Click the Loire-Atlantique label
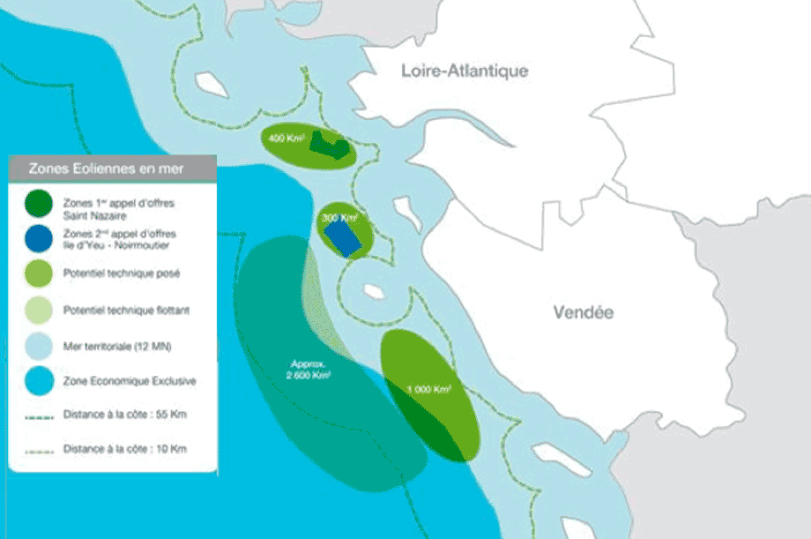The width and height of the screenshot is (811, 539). [464, 71]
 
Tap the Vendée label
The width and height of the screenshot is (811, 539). [583, 312]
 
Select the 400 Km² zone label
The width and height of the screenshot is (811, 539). [286, 139]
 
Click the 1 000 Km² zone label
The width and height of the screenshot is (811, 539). [429, 388]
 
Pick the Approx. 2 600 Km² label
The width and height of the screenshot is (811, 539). [308, 369]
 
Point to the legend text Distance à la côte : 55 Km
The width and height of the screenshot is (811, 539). [124, 414]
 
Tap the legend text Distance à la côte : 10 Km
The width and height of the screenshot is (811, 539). [124, 449]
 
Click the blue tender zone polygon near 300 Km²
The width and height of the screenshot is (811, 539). [343, 236]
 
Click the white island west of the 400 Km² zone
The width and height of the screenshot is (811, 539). [212, 85]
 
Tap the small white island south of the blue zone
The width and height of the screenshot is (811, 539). [371, 290]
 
